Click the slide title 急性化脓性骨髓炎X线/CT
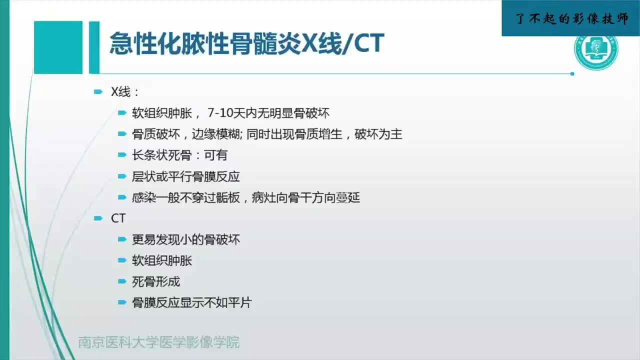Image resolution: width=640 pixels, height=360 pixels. point(246,44)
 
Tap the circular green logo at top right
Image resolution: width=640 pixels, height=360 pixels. point(596,52)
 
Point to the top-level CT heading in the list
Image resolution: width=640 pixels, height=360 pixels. point(118,218)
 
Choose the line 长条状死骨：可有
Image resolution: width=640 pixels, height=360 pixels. point(179,155)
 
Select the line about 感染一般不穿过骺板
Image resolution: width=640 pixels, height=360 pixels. point(245,197)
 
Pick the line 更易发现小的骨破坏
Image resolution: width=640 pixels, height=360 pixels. point(186,239)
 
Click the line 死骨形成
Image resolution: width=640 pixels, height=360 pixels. point(155,281)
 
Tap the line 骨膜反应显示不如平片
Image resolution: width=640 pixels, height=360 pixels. point(191,302)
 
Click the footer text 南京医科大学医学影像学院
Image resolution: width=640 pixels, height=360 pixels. point(159,342)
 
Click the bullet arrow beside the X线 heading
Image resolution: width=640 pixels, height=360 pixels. point(98,92)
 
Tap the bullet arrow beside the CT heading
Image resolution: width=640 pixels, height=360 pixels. point(98,218)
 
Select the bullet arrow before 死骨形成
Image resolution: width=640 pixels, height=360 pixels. point(122,281)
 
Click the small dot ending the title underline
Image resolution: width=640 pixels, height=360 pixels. point(572,73)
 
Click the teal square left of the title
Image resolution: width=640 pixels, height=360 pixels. point(58,47)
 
